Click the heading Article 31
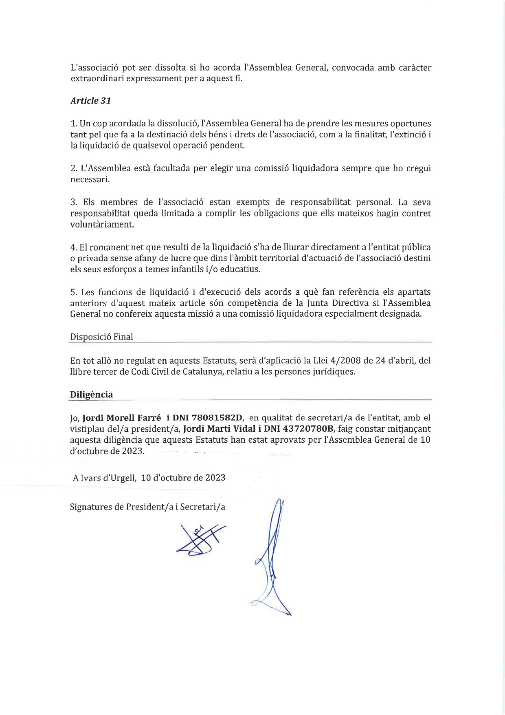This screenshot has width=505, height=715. (x=90, y=101)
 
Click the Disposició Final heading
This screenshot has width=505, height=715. (x=101, y=337)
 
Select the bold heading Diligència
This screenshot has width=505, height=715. (x=91, y=395)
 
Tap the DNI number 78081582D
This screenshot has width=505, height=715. (x=217, y=417)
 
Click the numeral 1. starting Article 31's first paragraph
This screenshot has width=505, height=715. (x=74, y=124)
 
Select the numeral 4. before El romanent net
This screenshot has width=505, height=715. (x=74, y=247)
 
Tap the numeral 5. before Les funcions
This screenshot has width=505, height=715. (x=74, y=292)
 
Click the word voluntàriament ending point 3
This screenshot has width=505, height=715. (x=102, y=224)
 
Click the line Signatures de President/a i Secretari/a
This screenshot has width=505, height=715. (x=147, y=507)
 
